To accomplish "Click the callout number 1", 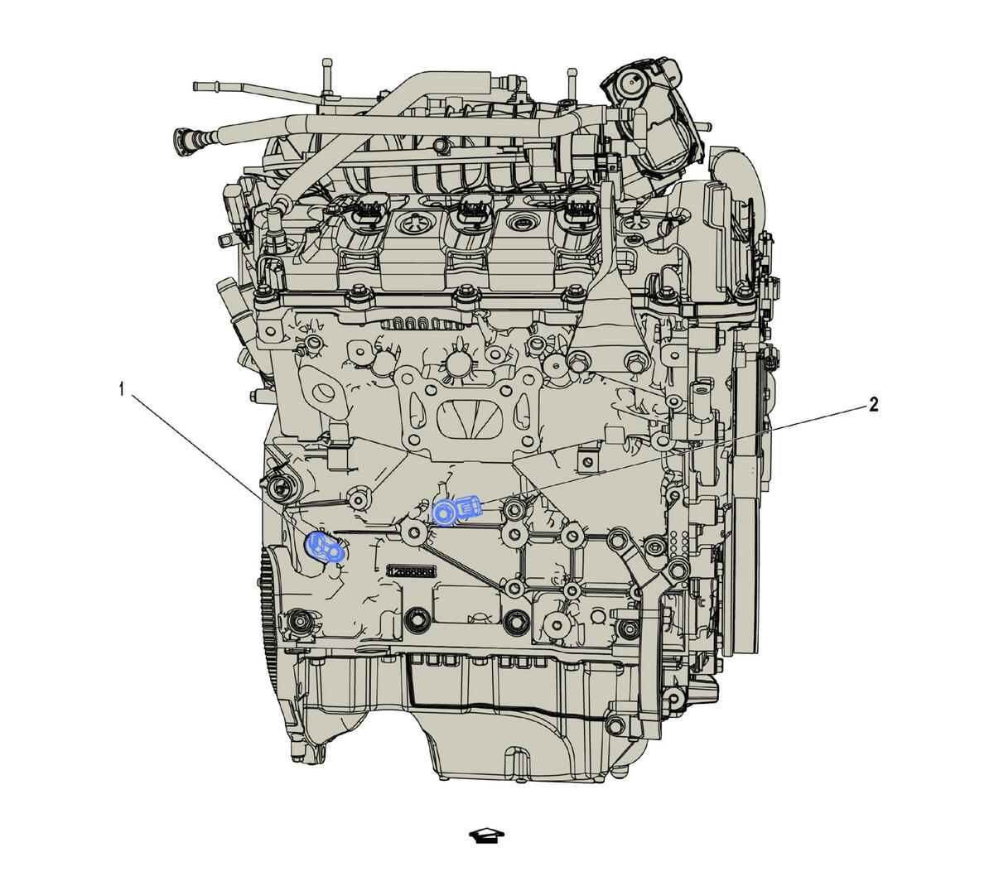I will (122, 388).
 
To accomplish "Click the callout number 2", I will (872, 404).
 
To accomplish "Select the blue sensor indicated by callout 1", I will (325, 546).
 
